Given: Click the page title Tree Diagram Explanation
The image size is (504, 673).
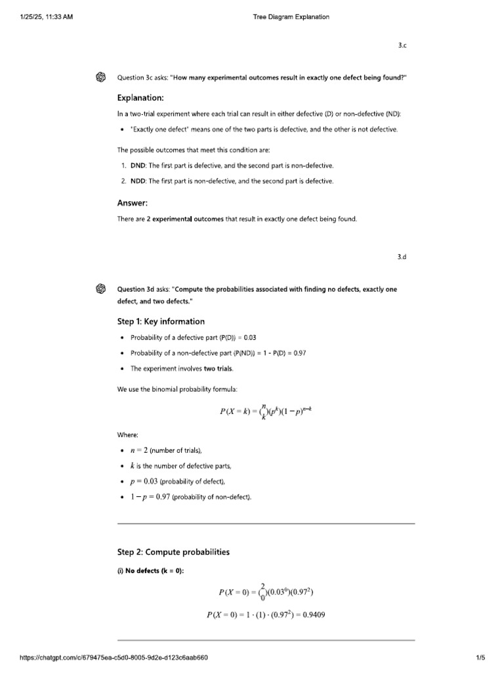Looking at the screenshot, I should [x=291, y=17].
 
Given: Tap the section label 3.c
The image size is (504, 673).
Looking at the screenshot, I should [x=402, y=45].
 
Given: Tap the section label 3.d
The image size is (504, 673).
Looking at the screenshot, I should [x=402, y=257].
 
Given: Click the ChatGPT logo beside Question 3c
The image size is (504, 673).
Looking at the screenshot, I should [x=101, y=77].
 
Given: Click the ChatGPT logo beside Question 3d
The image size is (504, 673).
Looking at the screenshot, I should [x=101, y=289].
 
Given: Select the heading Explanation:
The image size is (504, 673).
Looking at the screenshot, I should [x=140, y=98].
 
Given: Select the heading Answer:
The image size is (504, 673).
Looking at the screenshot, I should [x=133, y=203].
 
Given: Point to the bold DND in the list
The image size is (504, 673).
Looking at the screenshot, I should [x=138, y=165].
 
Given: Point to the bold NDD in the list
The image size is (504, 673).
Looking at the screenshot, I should [x=138, y=181].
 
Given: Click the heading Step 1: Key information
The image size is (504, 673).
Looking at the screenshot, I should [x=161, y=321].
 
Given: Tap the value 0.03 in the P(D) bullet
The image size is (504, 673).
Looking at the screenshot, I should [x=250, y=337].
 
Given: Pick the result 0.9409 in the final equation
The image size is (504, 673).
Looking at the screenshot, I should [x=313, y=615].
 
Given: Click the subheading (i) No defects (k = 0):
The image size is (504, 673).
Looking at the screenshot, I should [x=151, y=570].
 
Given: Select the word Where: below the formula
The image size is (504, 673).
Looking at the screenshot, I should [x=127, y=434].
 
